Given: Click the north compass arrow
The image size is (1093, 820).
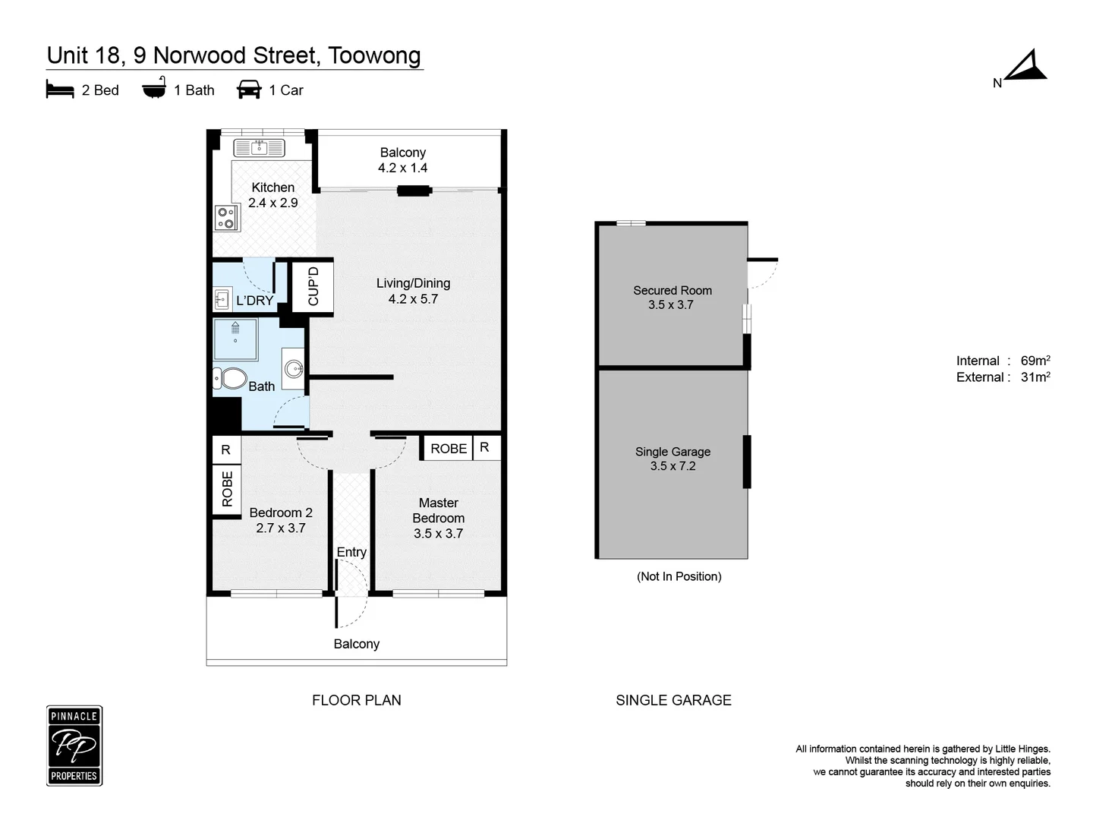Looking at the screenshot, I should coord(1026,68).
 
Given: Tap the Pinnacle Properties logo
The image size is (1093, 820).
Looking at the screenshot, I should coord(74,746).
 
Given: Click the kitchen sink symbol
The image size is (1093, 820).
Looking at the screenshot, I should coord(259,148).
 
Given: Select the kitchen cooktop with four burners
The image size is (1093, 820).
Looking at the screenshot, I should coord(226,219).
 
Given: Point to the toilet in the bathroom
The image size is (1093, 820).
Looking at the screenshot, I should coord(231,378).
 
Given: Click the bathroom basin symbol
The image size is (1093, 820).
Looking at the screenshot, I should coord(294,370).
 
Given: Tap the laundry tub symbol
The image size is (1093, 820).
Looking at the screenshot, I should coord(222,300).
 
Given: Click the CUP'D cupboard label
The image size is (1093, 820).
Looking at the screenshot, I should coord(313,286).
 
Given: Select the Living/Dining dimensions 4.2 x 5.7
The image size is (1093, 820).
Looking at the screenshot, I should coord(413,299).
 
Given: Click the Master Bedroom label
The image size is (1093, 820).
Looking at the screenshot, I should coord(438,510).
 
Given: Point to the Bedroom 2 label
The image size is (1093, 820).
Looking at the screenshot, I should coord(281,512).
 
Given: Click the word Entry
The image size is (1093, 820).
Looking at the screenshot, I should coord(351,552).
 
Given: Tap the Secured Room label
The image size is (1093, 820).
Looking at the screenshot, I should coord(672,290).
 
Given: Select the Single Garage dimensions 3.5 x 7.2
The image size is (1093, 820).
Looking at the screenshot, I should coord(672,466).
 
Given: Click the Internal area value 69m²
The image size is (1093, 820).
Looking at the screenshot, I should coord(1035,361).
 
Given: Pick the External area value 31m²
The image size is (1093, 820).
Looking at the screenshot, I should coord(1035,377).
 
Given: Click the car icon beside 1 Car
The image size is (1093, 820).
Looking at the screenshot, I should coord(249,90).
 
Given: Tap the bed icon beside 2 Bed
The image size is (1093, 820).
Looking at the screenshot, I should coord(60,90).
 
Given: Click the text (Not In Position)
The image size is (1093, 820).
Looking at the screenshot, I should coord(679,576).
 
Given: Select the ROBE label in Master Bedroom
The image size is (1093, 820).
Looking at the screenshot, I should coord(449,449).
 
